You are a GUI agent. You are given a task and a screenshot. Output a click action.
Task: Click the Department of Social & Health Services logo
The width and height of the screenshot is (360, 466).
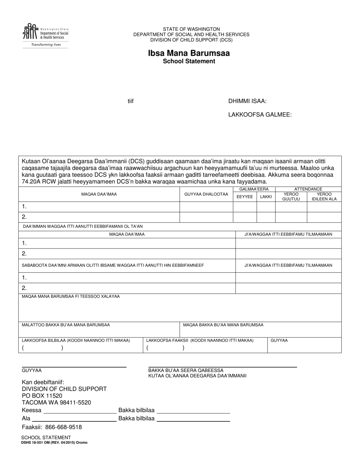coord(45,35)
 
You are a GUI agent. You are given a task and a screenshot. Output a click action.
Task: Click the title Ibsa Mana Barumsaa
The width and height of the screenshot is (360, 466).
coord(189,53)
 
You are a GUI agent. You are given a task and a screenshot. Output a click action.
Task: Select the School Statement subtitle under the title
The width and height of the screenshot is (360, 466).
coord(189,61)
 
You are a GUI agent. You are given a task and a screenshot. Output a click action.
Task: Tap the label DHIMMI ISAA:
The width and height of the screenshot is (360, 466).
coord(247,101)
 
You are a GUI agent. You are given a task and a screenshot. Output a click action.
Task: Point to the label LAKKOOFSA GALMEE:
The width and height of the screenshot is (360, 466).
coord(260,114)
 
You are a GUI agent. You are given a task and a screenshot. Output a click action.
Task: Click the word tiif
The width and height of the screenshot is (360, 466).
coord(130,101)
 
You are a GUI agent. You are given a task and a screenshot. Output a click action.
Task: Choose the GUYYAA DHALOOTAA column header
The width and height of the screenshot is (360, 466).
coord(206,194)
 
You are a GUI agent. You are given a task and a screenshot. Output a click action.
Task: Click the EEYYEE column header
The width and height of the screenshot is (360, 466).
coord(245,197)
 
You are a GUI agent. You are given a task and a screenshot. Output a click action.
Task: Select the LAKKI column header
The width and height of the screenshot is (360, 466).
coord(266,197)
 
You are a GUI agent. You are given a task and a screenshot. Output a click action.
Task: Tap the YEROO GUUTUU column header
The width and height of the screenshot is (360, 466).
coord(291,197)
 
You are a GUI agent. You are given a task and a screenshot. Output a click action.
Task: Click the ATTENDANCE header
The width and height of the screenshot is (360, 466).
coord(308,189)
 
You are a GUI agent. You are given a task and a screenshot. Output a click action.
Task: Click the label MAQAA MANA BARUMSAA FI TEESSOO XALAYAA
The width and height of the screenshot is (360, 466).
coord(71,296)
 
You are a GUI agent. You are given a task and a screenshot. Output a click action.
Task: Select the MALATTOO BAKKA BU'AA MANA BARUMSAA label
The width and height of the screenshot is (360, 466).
coord(66,325)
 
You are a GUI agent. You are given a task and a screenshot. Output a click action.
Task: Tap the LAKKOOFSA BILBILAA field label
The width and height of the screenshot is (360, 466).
coord(76,340)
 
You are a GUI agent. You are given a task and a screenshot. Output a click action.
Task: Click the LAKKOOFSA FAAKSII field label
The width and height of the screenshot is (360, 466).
coord(200,340)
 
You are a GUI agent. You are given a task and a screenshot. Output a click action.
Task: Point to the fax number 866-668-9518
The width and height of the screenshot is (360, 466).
coord(63,427)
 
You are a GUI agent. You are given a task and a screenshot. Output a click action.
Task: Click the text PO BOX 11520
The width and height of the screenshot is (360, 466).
coord(42,396)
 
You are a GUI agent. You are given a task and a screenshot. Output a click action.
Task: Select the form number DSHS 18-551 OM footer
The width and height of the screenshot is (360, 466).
coord(55,442)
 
